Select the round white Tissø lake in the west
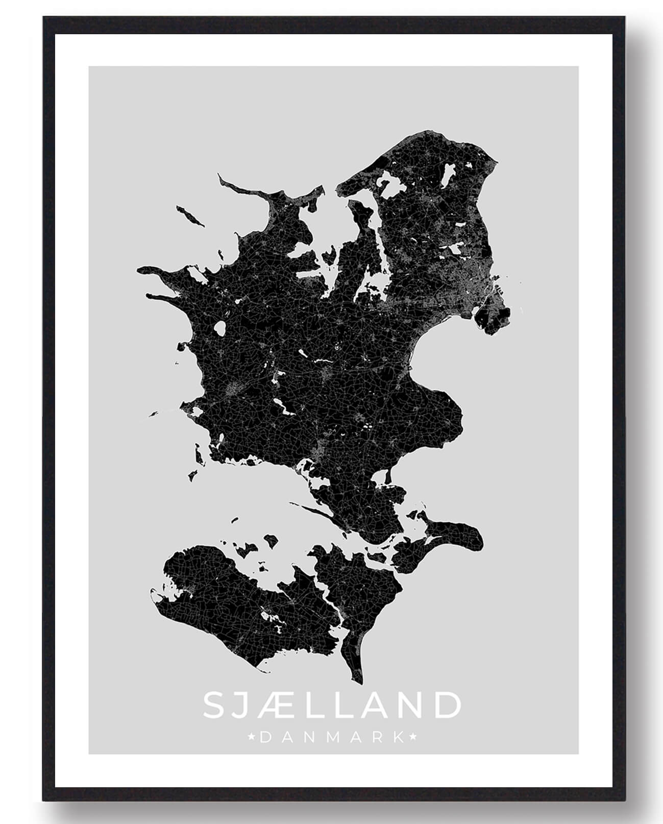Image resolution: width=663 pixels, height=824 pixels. click(x=220, y=328)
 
